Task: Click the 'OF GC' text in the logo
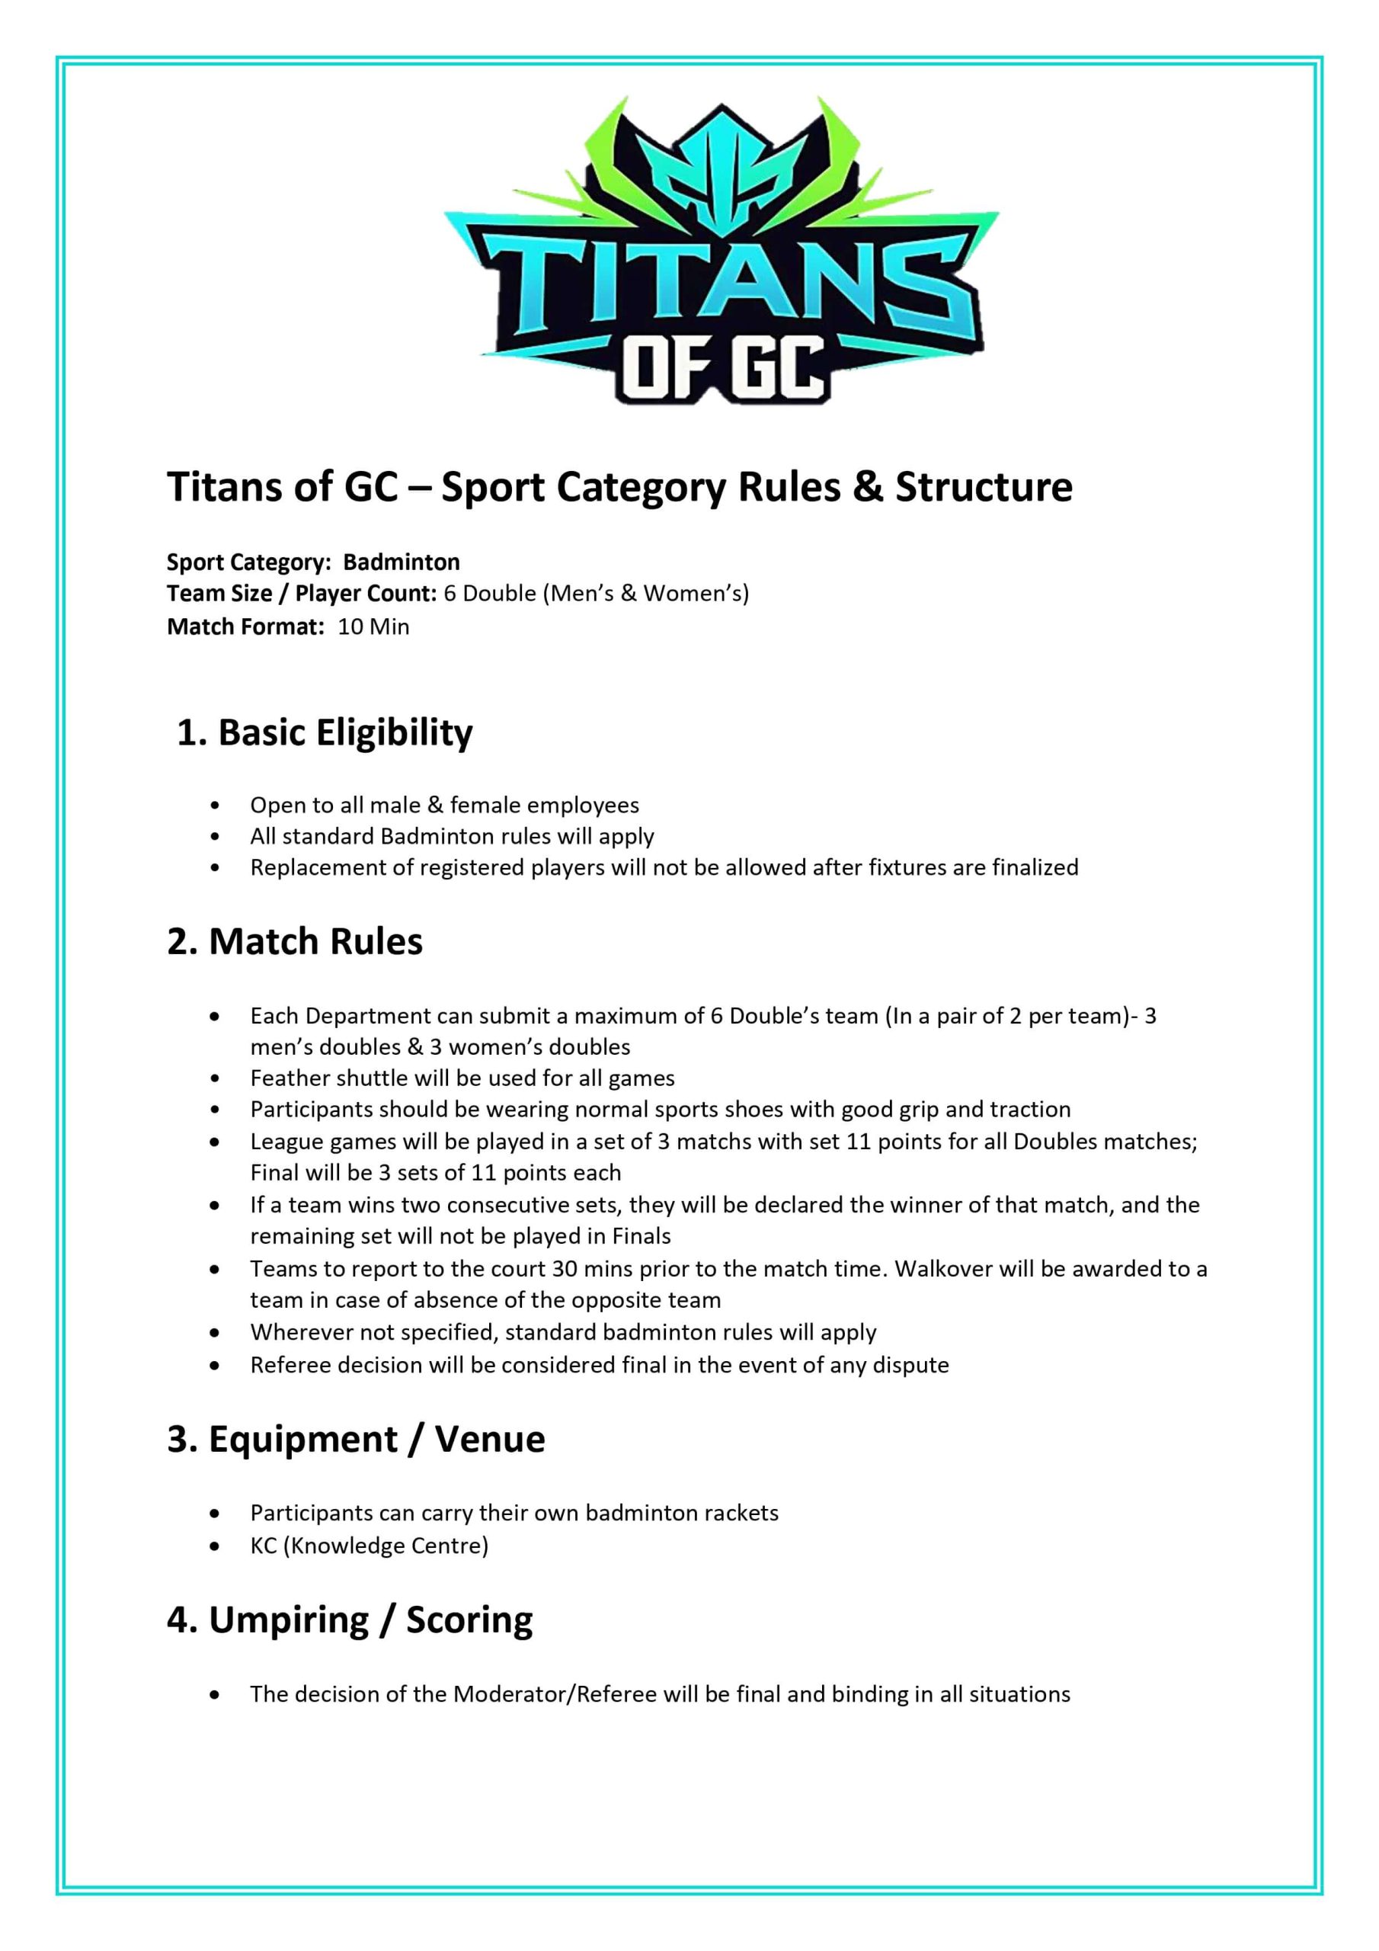tap(722, 369)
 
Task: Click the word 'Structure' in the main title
tap(984, 487)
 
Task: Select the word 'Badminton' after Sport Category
tap(401, 562)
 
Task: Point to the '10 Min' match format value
tap(373, 626)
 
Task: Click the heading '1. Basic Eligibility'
tap(324, 732)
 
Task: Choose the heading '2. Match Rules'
tap(295, 941)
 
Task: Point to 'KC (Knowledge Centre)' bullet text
tap(369, 1545)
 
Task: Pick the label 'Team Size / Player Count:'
tap(302, 593)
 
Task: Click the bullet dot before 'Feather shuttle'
tap(215, 1079)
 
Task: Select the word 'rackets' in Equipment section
tap(740, 1513)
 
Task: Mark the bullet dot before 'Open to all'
tap(215, 806)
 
